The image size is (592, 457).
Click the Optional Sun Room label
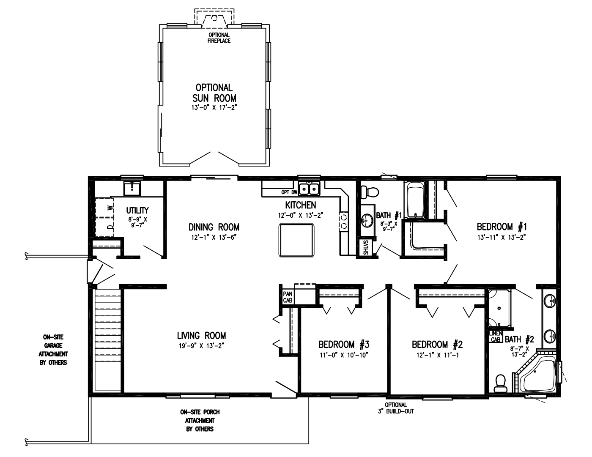point(214,93)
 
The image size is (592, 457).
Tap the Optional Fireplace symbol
point(214,19)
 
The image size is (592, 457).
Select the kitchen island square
point(296,240)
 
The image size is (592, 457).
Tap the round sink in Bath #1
point(367,220)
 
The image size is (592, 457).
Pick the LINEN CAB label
point(496,336)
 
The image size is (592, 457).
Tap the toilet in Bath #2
point(500,382)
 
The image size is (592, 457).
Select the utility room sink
point(132,188)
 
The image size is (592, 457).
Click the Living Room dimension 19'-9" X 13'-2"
point(201,345)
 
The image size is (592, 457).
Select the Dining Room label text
point(214,227)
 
